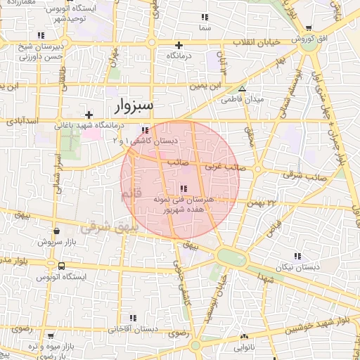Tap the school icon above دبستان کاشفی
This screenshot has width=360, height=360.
tap(145, 131)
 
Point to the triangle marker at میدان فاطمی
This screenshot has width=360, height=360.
tap(242, 89)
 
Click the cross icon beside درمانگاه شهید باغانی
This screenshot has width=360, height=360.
tap(89, 114)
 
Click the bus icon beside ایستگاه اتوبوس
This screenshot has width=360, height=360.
tap(62, 266)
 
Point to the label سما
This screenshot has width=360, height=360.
tap(205, 28)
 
